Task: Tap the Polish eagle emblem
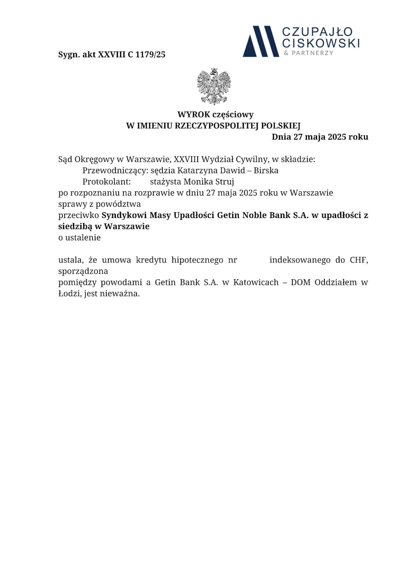(x=214, y=86)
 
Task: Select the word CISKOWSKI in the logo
(x=321, y=43)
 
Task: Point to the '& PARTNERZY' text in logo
(x=309, y=53)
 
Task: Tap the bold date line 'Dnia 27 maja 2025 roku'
(x=320, y=137)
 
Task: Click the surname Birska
(x=266, y=170)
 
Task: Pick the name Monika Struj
(x=209, y=182)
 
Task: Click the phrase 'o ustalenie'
(x=79, y=238)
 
